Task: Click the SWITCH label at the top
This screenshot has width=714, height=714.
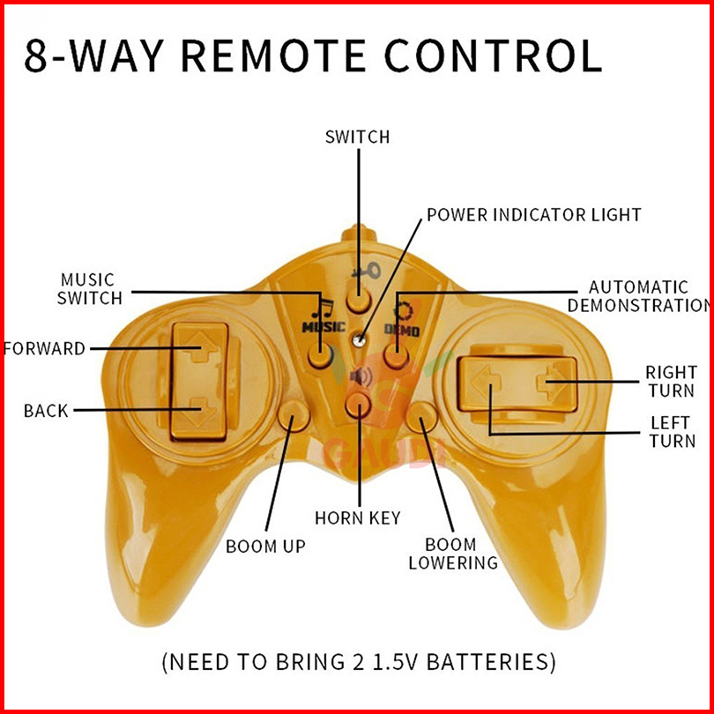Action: [x=358, y=137]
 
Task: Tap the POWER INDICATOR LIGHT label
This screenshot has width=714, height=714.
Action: [x=534, y=215]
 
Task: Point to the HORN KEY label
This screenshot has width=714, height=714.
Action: [x=358, y=518]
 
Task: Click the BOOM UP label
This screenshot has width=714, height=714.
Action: [x=265, y=547]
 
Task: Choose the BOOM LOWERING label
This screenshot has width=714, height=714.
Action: [x=453, y=554]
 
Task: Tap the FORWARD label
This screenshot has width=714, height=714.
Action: [x=44, y=349]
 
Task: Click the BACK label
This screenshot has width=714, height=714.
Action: [x=46, y=411]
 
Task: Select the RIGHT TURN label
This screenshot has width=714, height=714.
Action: [x=671, y=382]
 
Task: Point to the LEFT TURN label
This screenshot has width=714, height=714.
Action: [x=672, y=432]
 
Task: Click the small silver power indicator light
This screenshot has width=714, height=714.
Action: [x=360, y=339]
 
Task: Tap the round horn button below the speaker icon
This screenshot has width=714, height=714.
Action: [x=359, y=405]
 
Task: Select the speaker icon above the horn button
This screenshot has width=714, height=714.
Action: [x=361, y=377]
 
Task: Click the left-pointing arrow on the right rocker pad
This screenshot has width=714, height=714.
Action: [x=486, y=383]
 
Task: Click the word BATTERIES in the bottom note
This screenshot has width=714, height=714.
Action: [x=487, y=662]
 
